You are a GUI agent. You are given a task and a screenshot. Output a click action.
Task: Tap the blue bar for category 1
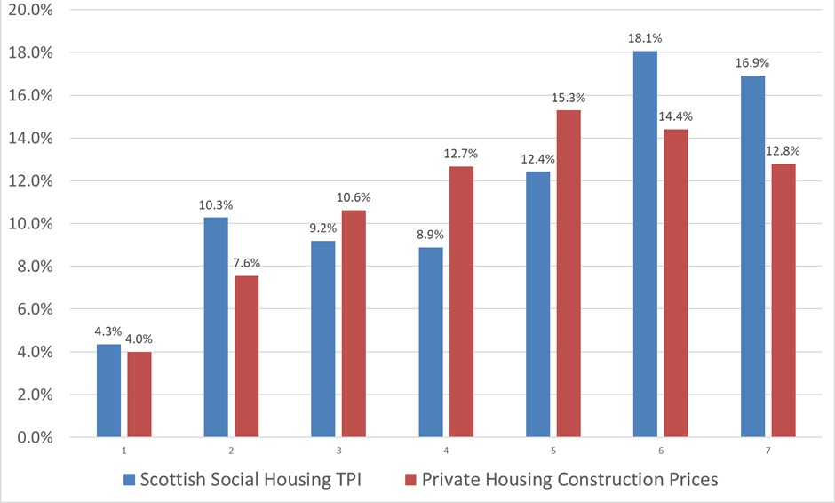point(108,391)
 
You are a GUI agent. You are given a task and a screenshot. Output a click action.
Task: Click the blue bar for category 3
point(322,339)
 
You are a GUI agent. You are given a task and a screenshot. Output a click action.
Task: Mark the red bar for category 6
point(673,283)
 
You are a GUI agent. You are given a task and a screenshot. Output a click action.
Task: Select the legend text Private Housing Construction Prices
point(569,480)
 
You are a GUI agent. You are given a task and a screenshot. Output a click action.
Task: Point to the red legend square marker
point(410,481)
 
